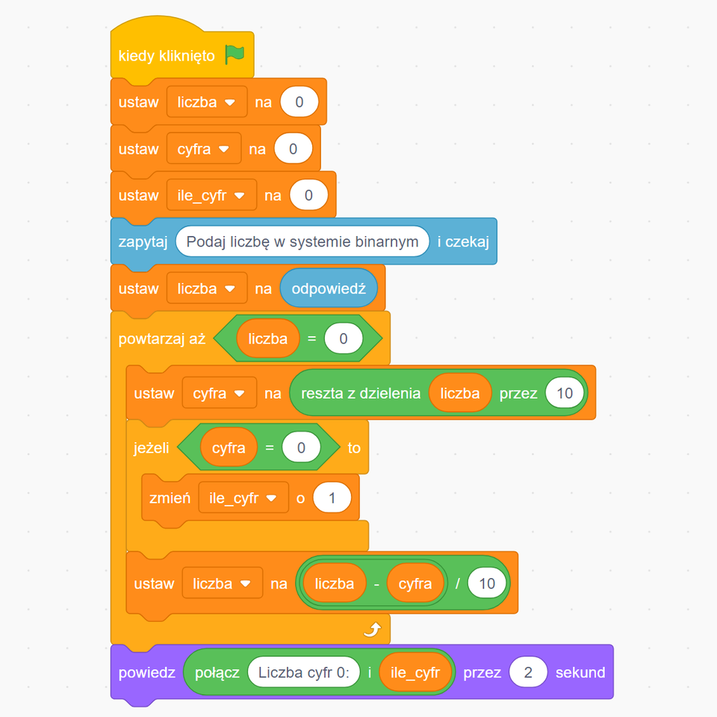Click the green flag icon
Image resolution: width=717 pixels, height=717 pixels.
[235, 55]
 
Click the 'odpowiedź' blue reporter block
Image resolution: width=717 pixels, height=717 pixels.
[329, 288]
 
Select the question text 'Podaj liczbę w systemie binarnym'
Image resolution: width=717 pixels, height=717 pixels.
[302, 241]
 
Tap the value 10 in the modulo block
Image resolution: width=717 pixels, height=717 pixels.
[565, 393]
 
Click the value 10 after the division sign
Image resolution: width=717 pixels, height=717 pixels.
[487, 583]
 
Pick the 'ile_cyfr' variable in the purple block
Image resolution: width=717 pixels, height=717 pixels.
[415, 672]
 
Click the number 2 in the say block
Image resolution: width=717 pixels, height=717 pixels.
[529, 672]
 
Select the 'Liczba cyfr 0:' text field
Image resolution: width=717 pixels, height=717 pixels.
[304, 672]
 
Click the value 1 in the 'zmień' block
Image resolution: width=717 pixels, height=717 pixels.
[332, 497]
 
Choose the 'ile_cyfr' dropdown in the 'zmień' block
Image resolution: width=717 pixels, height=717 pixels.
[243, 497]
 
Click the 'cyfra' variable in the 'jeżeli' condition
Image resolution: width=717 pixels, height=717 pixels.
[229, 448]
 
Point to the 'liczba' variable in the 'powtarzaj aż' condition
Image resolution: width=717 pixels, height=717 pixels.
[267, 338]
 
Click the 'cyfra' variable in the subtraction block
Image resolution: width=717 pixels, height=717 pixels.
[415, 583]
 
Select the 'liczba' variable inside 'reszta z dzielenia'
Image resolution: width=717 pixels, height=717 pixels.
[460, 393]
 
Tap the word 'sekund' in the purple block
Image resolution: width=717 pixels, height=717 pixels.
[580, 672]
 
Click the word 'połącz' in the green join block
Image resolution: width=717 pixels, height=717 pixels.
[217, 672]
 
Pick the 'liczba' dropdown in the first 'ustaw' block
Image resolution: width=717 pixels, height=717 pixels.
[207, 102]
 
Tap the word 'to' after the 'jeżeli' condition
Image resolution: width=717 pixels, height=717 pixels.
[354, 448]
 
